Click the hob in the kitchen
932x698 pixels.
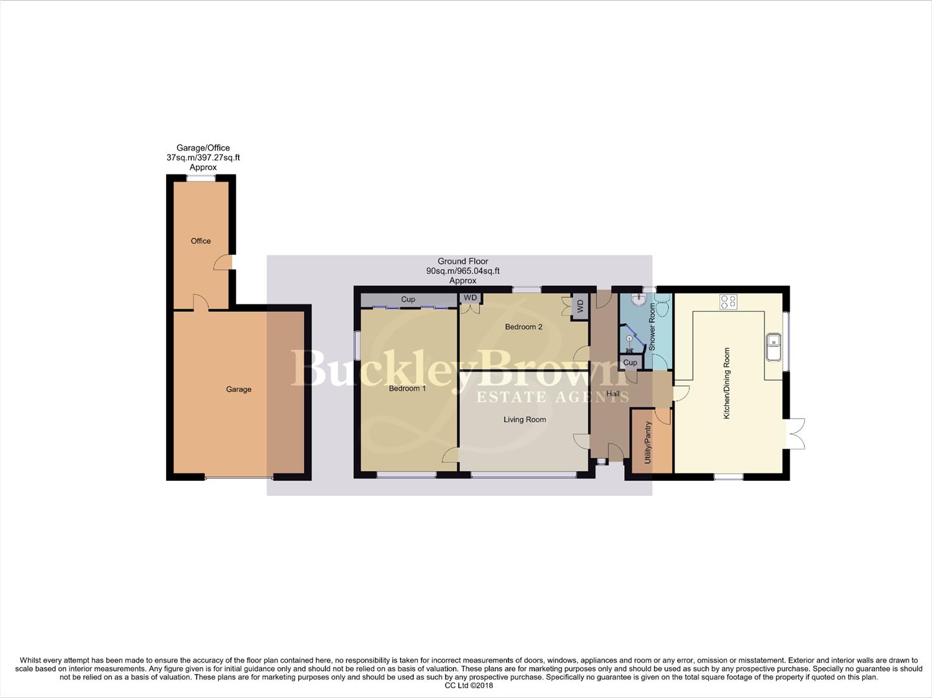pos(728,301)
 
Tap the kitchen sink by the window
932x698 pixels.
pos(774,347)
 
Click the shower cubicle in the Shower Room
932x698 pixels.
pos(631,339)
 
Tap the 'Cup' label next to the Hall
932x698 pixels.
pos(630,363)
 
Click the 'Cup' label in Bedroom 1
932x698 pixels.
pos(408,299)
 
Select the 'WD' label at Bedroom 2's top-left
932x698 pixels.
pos(470,298)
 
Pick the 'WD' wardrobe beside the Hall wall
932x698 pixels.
pos(580,306)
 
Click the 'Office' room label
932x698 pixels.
pos(200,241)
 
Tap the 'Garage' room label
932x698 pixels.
pos(239,389)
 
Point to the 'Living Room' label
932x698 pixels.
pos(525,419)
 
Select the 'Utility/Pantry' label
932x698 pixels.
pos(647,443)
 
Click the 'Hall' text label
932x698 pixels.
pos(612,394)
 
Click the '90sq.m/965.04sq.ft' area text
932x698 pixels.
pos(462,271)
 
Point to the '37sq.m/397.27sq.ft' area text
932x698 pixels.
pos(203,158)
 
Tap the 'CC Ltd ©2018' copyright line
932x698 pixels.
pos(469,686)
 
